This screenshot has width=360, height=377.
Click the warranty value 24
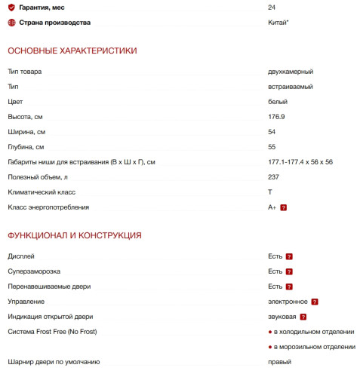click(272, 8)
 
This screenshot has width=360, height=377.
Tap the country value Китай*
click(278, 23)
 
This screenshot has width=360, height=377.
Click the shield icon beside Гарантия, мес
click(11, 8)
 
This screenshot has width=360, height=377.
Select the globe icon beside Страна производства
click(11, 23)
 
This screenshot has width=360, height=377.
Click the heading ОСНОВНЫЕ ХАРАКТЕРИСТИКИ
click(72, 51)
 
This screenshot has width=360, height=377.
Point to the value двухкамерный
click(291, 72)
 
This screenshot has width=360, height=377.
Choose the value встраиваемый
click(291, 87)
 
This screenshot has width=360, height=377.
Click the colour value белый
click(277, 102)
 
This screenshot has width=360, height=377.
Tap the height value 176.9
click(276, 117)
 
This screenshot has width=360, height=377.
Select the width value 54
click(272, 132)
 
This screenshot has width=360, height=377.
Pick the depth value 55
click(272, 147)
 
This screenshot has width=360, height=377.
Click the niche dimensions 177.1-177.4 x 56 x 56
click(300, 162)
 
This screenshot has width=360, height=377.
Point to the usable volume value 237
click(273, 177)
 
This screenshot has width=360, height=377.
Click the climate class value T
click(270, 192)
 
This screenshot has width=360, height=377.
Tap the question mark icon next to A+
click(284, 207)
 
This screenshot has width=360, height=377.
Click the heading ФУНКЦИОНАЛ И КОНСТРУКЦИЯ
click(75, 235)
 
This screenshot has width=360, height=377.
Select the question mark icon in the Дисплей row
click(289, 256)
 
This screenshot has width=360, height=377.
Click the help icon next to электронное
click(315, 302)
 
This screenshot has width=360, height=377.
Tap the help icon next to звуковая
click(303, 317)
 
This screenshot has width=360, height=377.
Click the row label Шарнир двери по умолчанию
click(54, 362)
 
